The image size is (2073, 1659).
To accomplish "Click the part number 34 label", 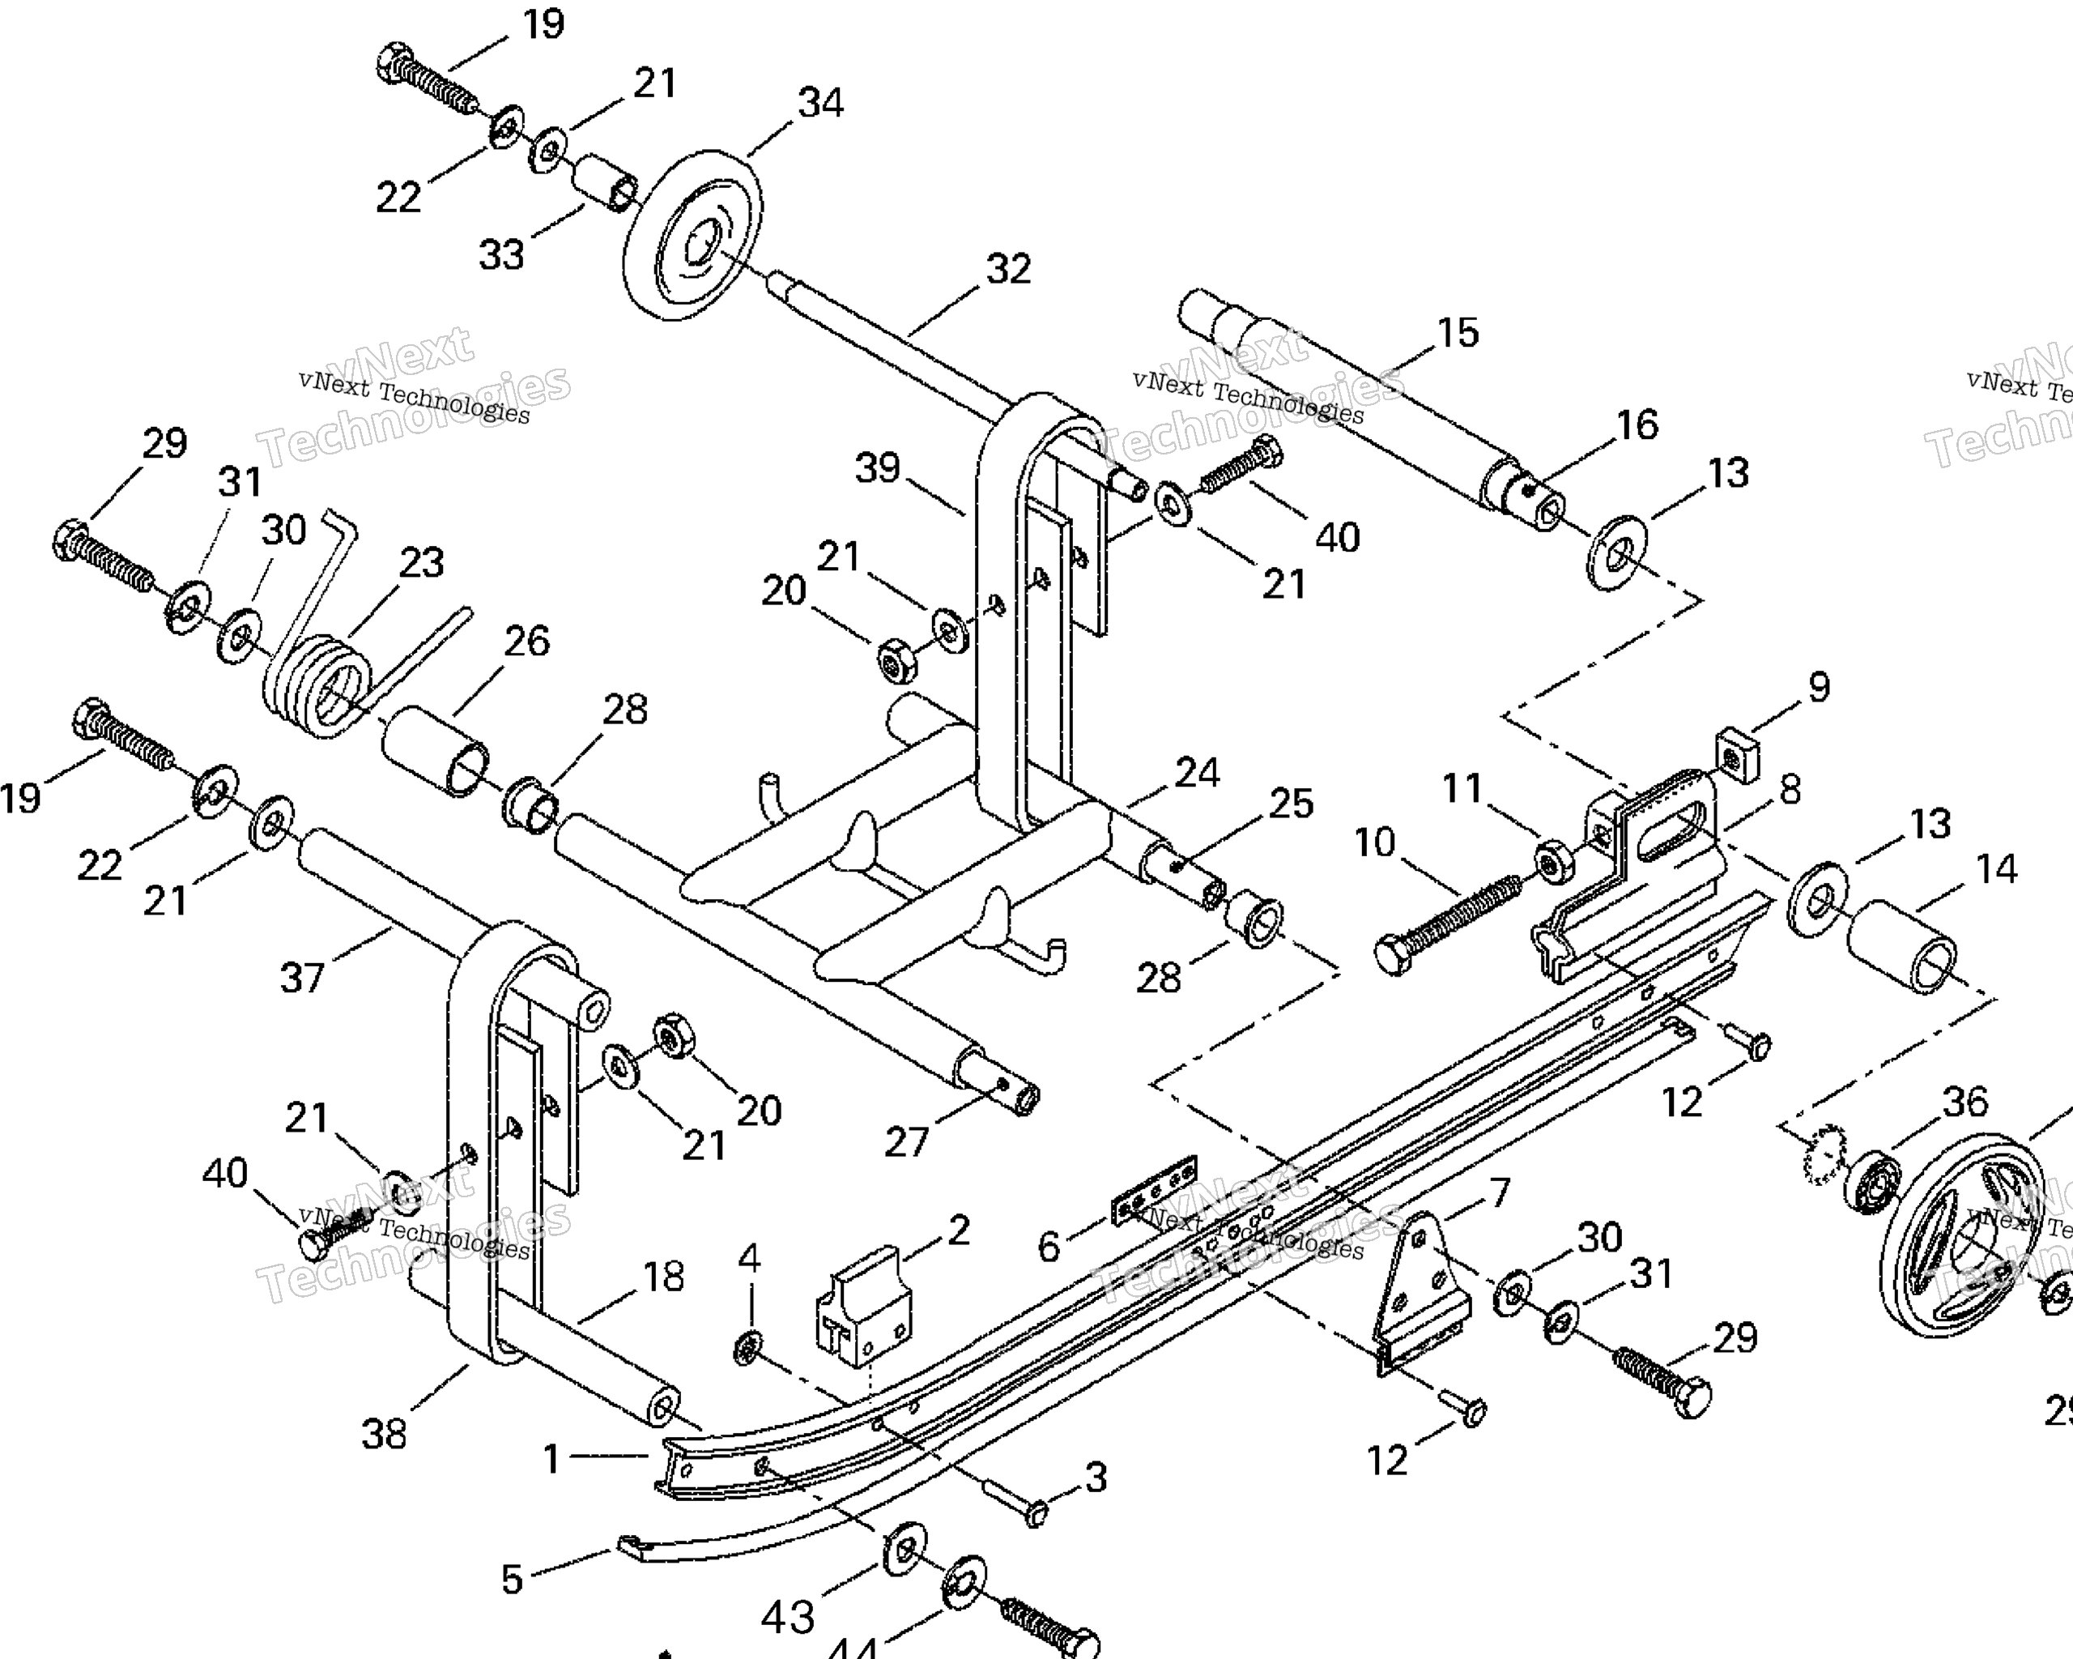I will pos(820,103).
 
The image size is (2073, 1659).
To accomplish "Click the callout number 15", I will pos(1458,333).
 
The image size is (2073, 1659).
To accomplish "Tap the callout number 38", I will pos(384,1434).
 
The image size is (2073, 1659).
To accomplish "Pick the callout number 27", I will pos(906,1141).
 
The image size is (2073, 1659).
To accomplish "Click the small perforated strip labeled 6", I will pos(1154,1192).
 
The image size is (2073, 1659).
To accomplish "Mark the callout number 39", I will pos(877,468).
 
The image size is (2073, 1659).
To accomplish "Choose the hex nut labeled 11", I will pos(1551,861).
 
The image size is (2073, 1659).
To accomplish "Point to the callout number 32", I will pos(1007,269).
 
